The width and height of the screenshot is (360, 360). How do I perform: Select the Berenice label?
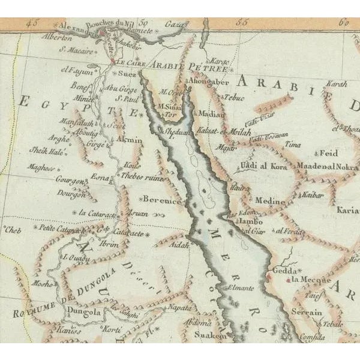click(x=162, y=201)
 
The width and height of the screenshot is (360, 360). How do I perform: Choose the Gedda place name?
click(x=284, y=270)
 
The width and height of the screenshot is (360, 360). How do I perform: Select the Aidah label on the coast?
click(x=179, y=246)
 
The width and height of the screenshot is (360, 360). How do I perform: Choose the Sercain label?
click(x=307, y=313)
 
